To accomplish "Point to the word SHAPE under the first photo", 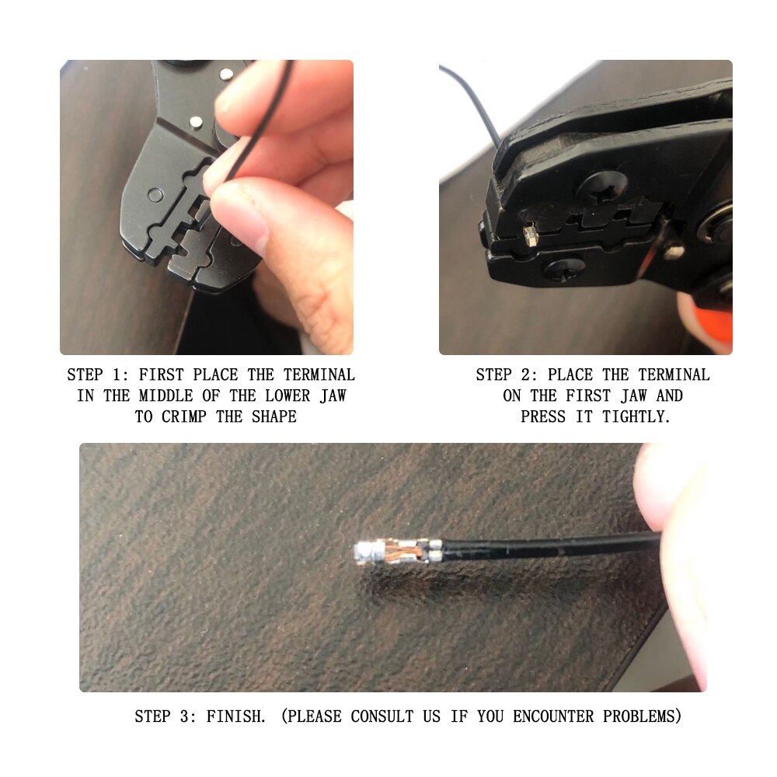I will [x=274, y=416].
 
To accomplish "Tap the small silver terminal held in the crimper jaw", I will [x=530, y=232].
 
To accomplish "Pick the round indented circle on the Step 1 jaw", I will [x=155, y=194].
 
